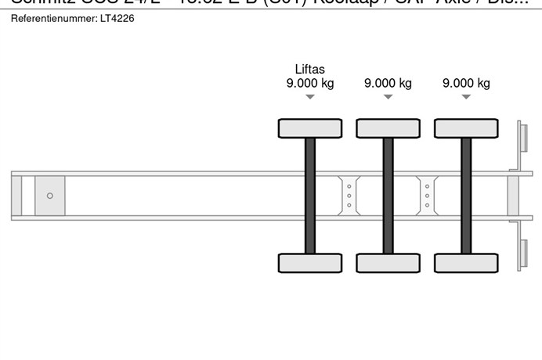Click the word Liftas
click(310, 69)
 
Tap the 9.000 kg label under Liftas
click(310, 84)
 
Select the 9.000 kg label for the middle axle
click(388, 84)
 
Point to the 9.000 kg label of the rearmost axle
click(466, 84)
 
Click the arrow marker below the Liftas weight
click(310, 97)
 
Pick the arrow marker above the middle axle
click(388, 97)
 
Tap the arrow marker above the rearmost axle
click(466, 97)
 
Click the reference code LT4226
click(117, 18)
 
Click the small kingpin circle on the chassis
click(50, 196)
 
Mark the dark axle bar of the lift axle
click(310, 196)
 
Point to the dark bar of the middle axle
click(388, 196)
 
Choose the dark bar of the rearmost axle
click(466, 196)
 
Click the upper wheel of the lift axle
click(310, 128)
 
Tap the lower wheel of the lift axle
click(310, 263)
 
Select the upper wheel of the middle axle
click(388, 128)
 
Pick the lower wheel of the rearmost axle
click(466, 263)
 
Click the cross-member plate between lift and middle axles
click(349, 196)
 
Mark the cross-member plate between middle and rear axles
click(427, 196)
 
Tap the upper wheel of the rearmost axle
click(466, 128)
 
